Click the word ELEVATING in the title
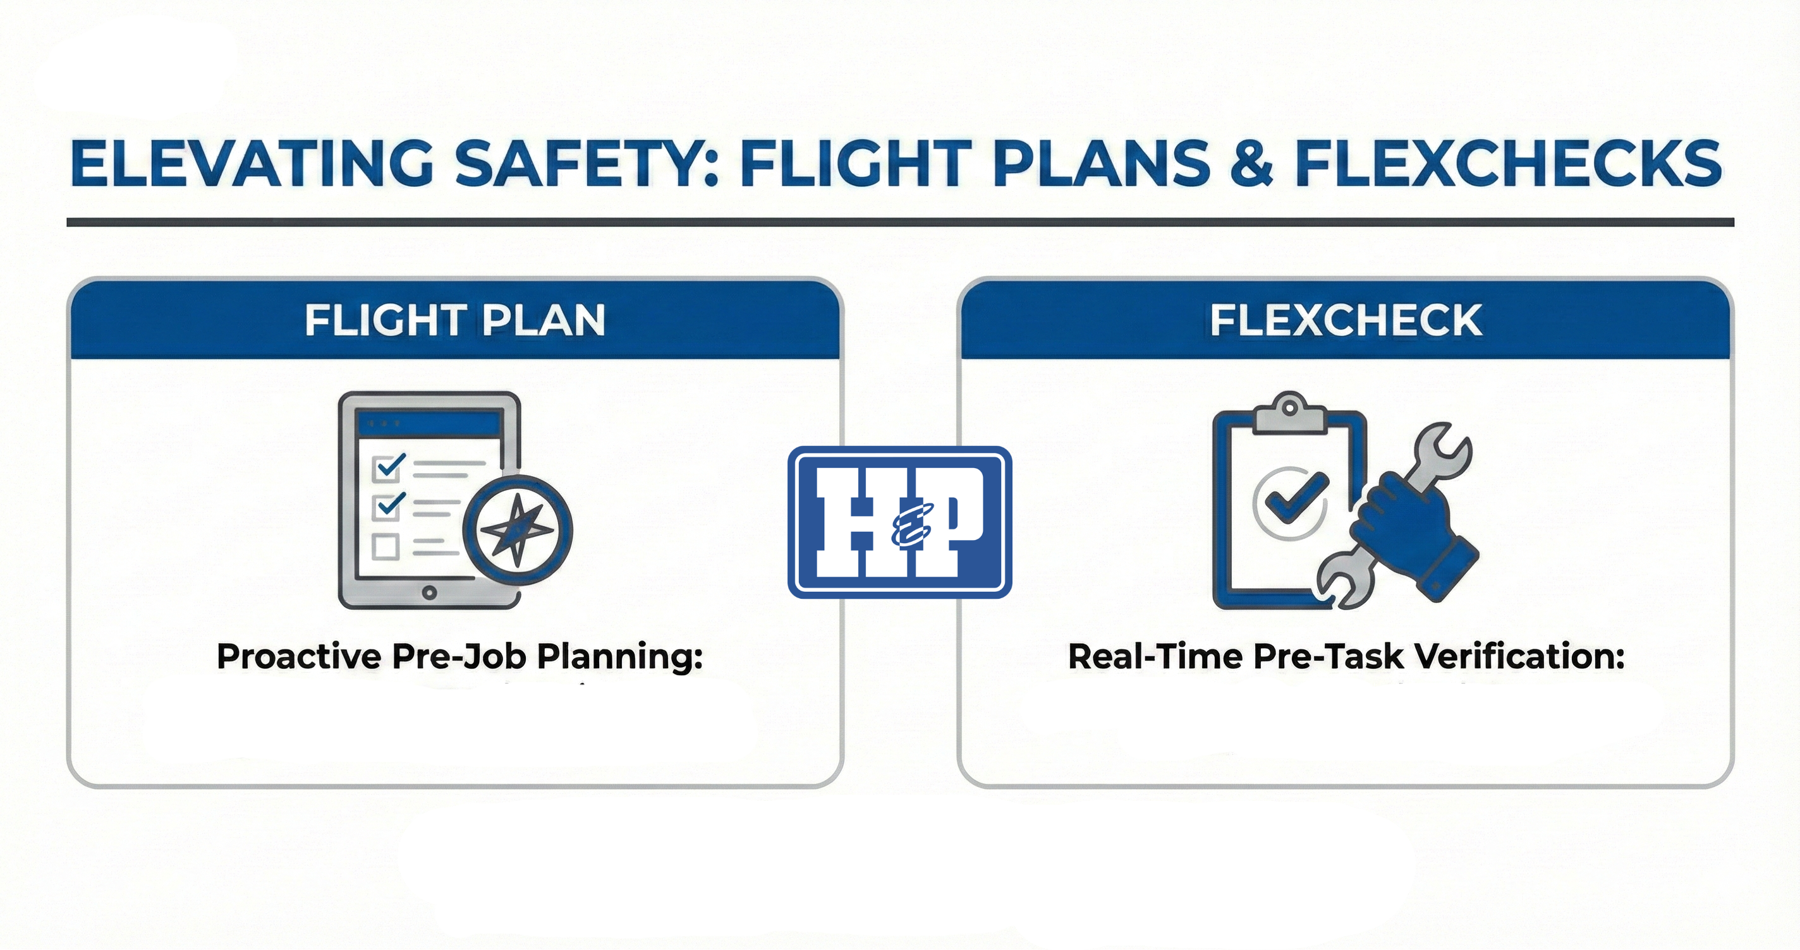(x=252, y=164)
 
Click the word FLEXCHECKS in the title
(x=1509, y=164)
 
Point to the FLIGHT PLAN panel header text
(x=455, y=321)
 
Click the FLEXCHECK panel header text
(x=1346, y=321)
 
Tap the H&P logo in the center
(x=900, y=522)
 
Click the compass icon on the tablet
(x=518, y=529)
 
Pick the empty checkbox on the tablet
(x=386, y=547)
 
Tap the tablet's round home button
(x=430, y=593)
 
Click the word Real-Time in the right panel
(x=1156, y=658)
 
